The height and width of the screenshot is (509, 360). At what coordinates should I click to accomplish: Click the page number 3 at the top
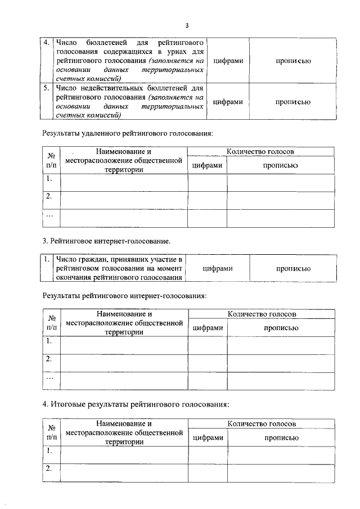pos(187,25)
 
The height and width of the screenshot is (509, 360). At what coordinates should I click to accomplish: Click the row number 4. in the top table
pos(47,43)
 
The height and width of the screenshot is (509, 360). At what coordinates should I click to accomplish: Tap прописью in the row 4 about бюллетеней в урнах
pos(293,61)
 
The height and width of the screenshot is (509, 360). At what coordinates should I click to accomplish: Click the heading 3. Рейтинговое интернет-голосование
pos(106,241)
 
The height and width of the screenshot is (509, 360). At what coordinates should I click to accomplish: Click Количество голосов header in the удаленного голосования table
pos(260,152)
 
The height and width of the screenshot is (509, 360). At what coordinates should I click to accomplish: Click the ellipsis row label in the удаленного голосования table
pos(49,215)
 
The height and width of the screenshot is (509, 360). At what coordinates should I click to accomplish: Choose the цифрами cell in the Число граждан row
pos(217,268)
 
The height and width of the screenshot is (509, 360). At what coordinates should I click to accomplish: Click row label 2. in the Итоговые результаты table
pos(49,468)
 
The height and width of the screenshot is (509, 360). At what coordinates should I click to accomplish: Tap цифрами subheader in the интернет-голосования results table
pos(208,328)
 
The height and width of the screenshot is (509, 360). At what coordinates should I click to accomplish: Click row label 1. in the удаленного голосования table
pos(49,179)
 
